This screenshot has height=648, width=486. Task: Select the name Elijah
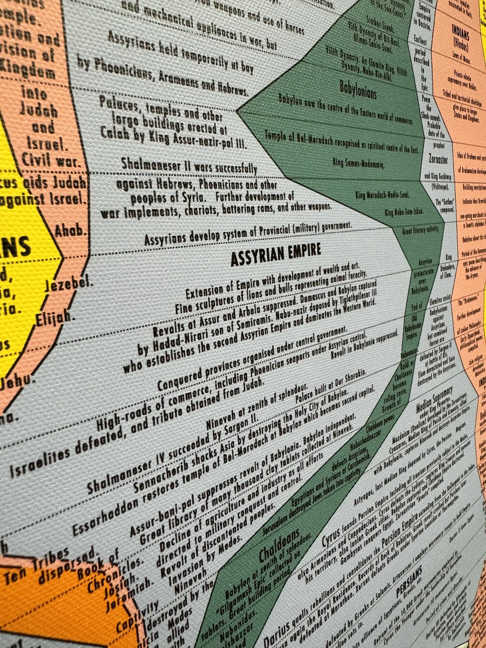[x=56, y=318]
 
